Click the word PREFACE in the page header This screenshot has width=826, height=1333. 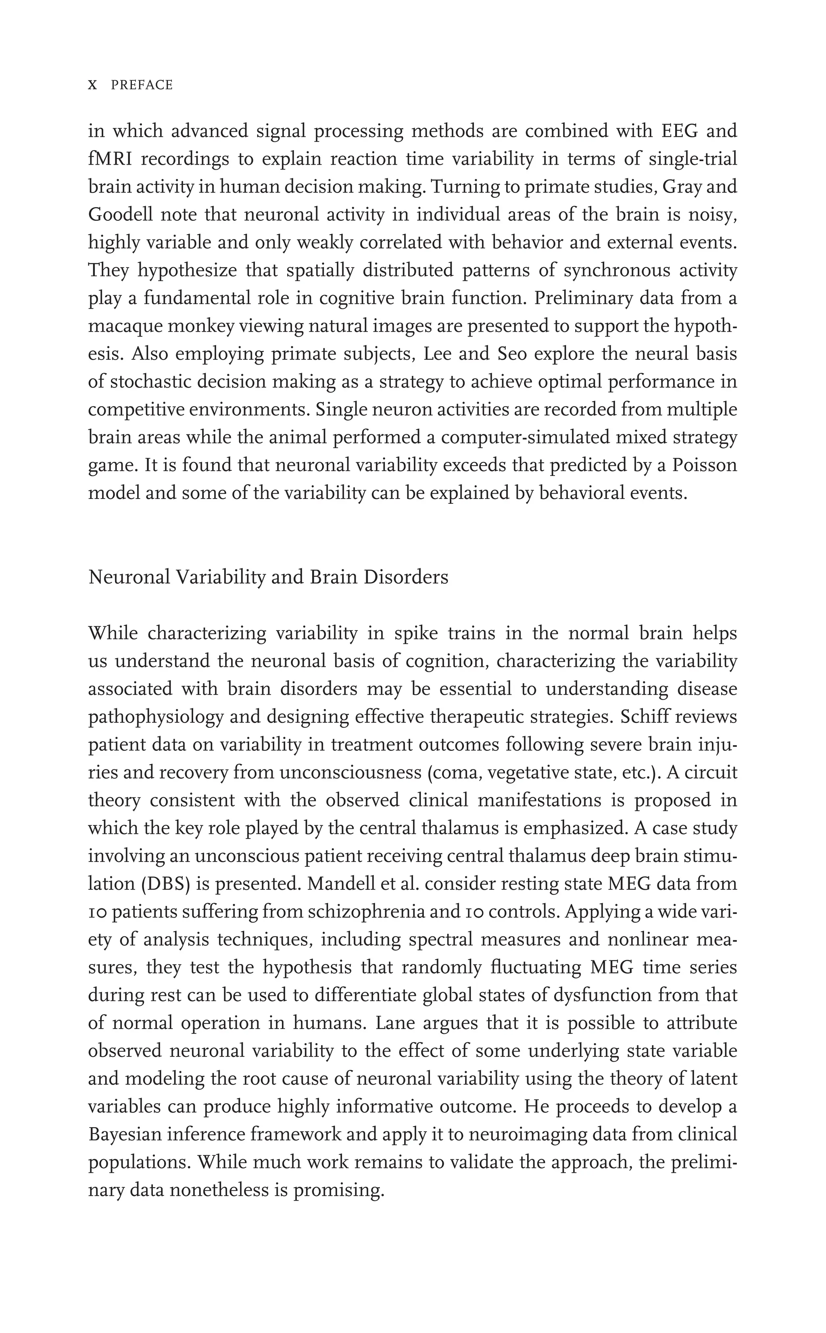[x=142, y=85]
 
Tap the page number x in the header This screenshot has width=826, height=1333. [x=92, y=85]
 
